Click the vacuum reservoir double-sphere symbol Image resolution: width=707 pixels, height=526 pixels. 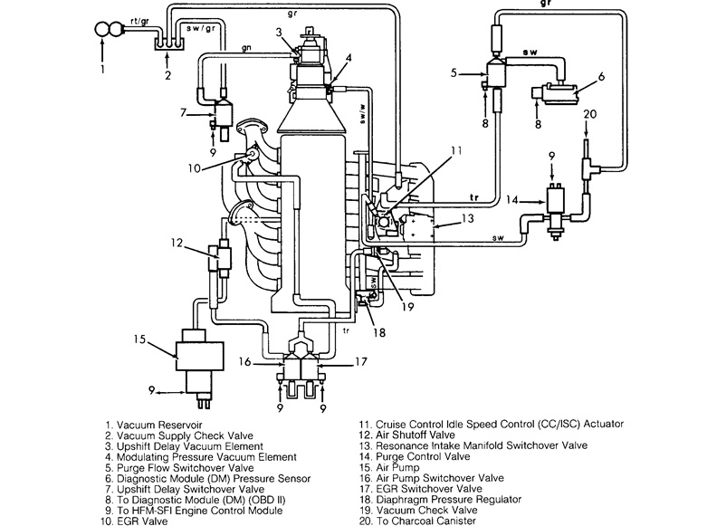[109, 30]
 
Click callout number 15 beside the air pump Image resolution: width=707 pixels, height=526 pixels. [139, 339]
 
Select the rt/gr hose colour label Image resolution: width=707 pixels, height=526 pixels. [139, 22]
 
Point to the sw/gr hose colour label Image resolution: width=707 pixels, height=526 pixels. [201, 28]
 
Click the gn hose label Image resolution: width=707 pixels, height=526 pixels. [246, 47]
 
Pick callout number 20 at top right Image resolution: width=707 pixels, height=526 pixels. [589, 114]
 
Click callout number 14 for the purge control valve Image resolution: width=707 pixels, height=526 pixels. [512, 199]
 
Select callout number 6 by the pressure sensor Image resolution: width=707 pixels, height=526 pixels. [601, 77]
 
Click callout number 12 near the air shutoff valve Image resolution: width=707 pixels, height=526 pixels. [177, 243]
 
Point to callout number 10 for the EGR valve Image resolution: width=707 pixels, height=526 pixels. [195, 168]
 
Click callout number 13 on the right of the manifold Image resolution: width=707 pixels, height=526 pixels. [468, 218]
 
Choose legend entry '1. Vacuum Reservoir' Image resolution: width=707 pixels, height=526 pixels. [154, 425]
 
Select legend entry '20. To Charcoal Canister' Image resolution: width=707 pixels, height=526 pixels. [417, 521]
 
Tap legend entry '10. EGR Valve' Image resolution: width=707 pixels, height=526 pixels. [134, 521]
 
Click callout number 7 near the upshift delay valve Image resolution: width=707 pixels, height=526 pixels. [183, 112]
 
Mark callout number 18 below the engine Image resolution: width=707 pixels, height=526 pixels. [379, 332]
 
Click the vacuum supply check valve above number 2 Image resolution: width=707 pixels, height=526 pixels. [167, 43]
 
